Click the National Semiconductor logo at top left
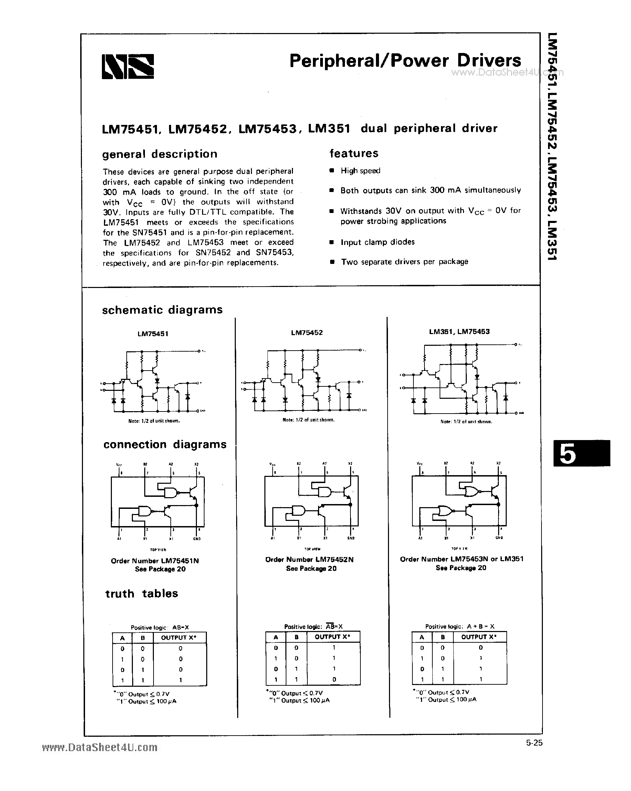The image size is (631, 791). tap(128, 67)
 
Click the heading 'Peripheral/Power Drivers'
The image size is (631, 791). tap(405, 61)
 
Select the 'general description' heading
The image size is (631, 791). tap(160, 154)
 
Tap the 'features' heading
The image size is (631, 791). tap(354, 153)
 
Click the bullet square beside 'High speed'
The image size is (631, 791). tap(332, 171)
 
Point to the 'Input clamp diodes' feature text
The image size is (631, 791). tap(377, 242)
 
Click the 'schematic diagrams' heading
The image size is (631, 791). tap(162, 310)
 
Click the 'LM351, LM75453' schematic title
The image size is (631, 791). tap(459, 331)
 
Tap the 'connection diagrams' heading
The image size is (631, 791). tap(165, 444)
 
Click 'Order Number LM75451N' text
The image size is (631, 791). tap(155, 560)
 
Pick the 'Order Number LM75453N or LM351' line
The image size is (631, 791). tap(461, 559)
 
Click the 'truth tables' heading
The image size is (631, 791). tap(142, 593)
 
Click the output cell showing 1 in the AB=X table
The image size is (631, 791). tap(180, 680)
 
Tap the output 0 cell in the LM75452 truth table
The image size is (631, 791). tap(334, 679)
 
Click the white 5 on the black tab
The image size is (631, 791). tap(568, 454)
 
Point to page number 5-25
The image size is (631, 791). tap(534, 743)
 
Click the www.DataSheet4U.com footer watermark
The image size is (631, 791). tap(100, 747)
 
